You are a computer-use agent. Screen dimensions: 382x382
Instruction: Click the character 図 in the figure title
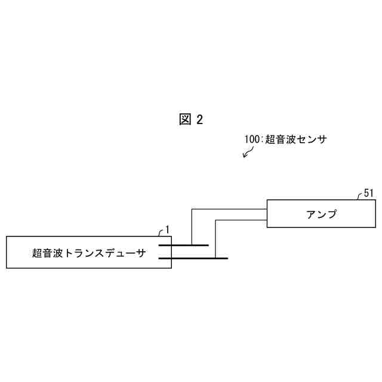pos(184,119)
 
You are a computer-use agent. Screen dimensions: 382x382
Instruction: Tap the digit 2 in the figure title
pos(199,119)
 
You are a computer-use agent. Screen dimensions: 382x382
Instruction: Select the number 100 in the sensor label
pos(252,138)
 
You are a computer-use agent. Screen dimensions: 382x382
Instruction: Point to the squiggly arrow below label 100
pos(247,152)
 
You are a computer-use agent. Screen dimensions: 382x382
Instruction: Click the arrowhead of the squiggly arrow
pos(244,156)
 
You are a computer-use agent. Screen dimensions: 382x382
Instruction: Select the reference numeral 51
pos(368,193)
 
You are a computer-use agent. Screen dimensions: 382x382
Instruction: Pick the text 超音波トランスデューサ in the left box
pos(88,252)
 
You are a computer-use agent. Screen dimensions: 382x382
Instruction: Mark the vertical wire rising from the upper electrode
pos(191,227)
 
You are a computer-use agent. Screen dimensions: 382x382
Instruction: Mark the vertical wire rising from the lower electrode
pos(215,239)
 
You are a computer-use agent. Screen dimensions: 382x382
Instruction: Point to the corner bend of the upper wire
pos(191,209)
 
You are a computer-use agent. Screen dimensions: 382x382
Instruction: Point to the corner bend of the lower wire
pos(215,220)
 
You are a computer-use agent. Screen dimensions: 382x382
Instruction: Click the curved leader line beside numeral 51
pos(361,197)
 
